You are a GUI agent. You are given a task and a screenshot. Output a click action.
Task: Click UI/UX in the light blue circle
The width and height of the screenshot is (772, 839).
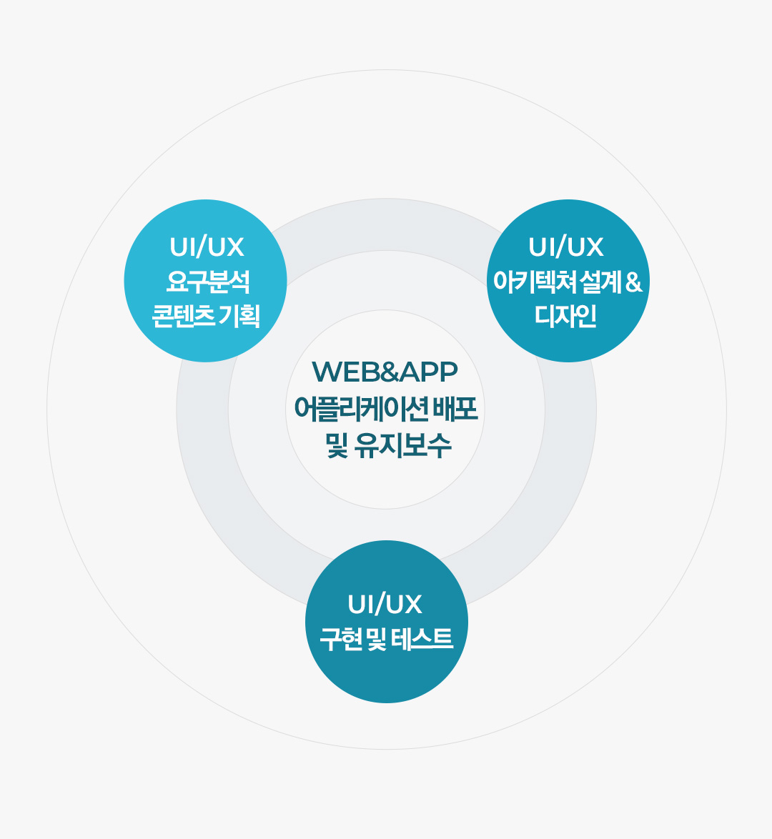207,247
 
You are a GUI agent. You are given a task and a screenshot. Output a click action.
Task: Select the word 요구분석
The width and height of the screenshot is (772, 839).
208,282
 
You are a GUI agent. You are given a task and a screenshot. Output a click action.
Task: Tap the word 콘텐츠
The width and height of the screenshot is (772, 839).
184,316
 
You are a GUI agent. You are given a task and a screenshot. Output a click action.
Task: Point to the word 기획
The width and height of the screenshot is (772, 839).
240,316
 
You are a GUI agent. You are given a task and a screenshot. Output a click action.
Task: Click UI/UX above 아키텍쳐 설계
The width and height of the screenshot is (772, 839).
566,247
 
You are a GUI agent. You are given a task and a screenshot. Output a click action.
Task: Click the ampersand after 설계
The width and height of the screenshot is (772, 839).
633,282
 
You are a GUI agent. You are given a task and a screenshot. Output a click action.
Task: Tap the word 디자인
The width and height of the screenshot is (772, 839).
566,316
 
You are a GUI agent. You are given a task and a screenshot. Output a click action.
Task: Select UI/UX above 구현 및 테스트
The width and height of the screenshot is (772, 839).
385,604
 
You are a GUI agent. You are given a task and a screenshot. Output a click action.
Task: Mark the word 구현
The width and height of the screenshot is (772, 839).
340,639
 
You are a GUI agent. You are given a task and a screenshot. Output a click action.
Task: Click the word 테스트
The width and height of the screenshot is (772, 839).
422,639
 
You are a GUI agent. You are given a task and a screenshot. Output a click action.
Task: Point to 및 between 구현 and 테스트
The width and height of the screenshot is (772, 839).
377,639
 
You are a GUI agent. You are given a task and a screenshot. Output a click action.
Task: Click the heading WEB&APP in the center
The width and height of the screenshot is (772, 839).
385,372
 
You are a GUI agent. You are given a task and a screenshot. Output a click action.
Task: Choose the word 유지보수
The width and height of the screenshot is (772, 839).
403,445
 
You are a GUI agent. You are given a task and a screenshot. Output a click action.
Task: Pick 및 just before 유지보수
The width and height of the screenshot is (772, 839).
337,445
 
